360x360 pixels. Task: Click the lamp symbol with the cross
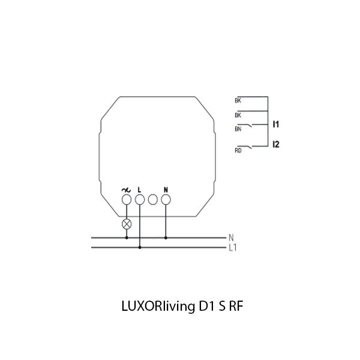(127, 224)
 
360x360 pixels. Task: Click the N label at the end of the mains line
(231, 238)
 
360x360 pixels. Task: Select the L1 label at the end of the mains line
(233, 247)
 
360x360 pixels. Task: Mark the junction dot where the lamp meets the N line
(127, 238)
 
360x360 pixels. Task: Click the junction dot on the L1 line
(140, 247)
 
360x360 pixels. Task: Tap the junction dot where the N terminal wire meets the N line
(166, 238)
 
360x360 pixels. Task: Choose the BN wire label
(238, 128)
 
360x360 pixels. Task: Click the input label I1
(276, 124)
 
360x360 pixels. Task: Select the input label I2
(276, 144)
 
